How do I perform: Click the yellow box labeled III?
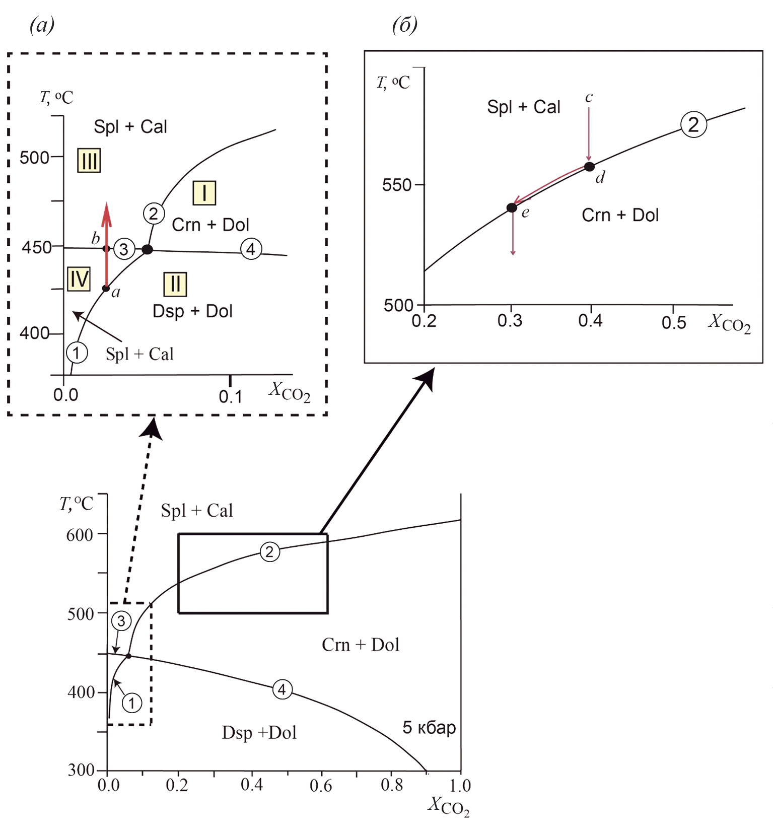[x=89, y=161]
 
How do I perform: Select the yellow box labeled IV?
[x=79, y=279]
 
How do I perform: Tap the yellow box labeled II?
[x=175, y=284]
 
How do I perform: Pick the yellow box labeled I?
[x=204, y=193]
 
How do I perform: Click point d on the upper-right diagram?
[x=589, y=167]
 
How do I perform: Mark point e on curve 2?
[x=512, y=207]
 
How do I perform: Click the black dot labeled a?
[x=106, y=289]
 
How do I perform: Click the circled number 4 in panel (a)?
[x=251, y=249]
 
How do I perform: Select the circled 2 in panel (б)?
[x=693, y=124]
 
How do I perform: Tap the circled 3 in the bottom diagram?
[x=121, y=621]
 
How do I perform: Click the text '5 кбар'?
[x=429, y=728]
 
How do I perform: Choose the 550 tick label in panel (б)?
[x=397, y=185]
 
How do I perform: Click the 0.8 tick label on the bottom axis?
[x=392, y=785]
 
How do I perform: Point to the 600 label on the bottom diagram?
[x=80, y=534]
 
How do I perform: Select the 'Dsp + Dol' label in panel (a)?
[x=192, y=311]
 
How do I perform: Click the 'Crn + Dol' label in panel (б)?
[x=620, y=215]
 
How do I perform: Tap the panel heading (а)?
[x=42, y=25]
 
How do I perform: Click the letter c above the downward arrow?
[x=589, y=97]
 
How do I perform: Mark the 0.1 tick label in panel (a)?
[x=231, y=397]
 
